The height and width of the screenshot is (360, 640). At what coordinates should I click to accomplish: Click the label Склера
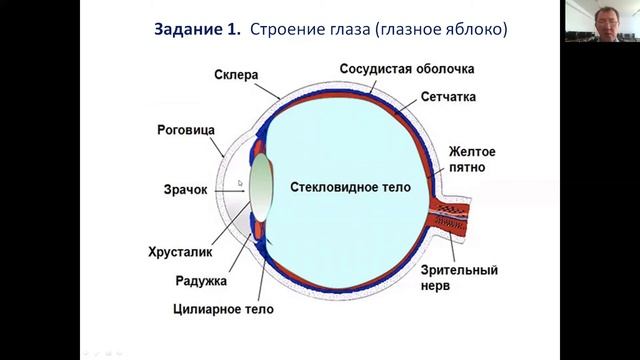[237, 75]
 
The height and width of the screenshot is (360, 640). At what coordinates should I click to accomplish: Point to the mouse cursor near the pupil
[240, 183]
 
